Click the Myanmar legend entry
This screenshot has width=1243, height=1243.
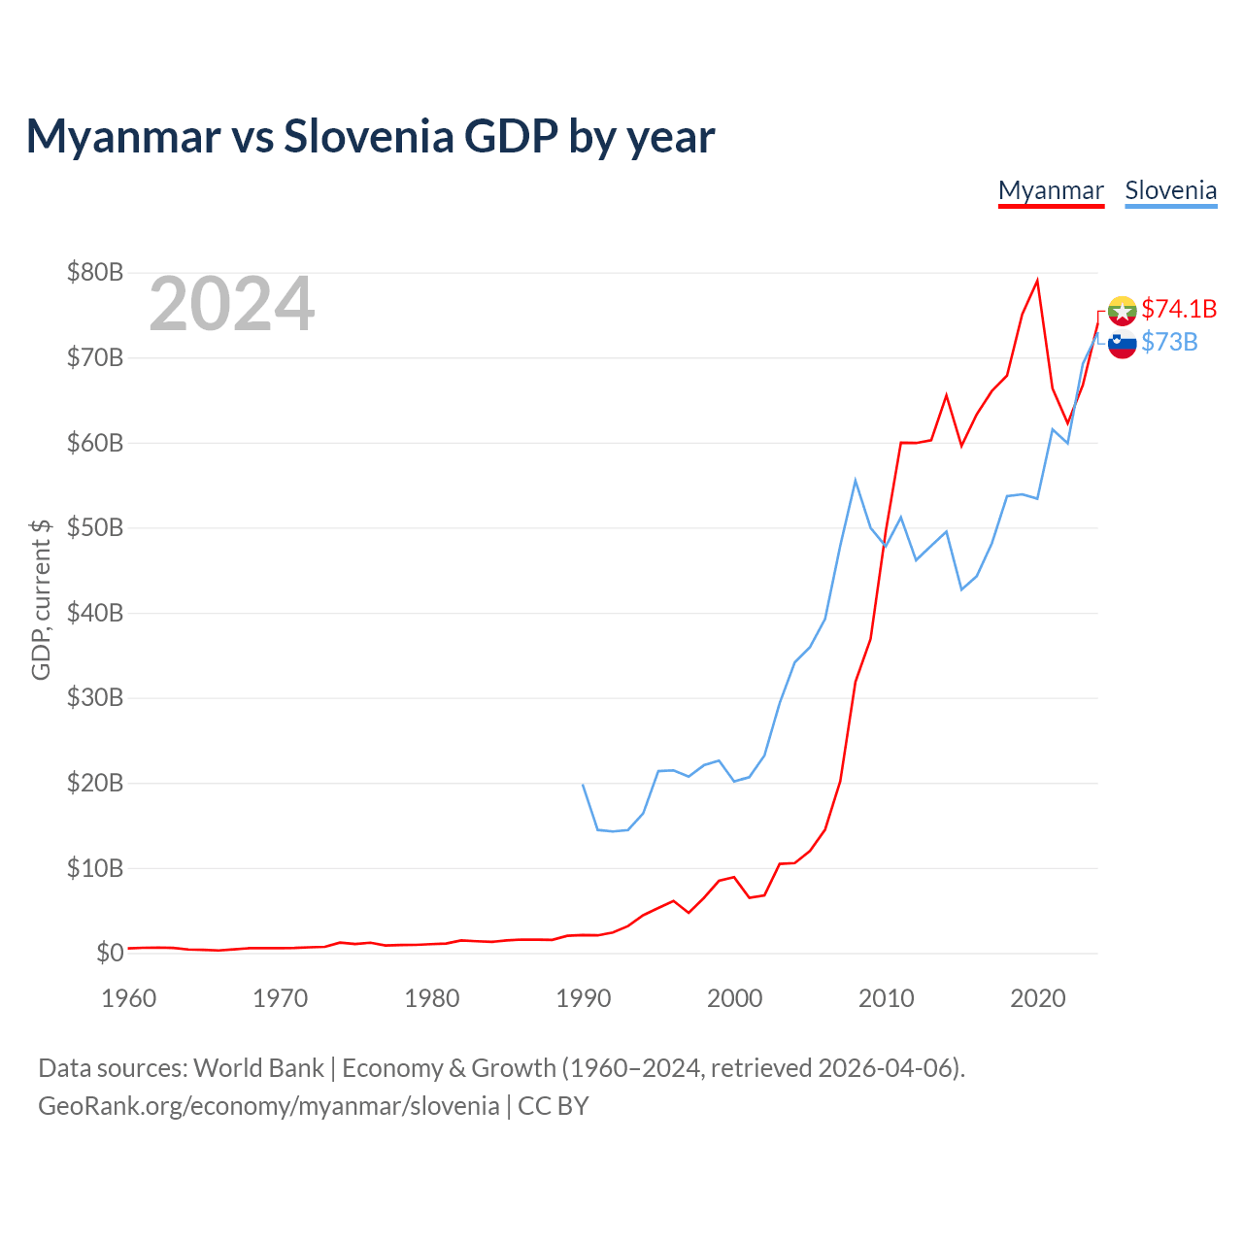pyautogui.click(x=1051, y=191)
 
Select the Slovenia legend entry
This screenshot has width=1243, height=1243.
pyautogui.click(x=1171, y=191)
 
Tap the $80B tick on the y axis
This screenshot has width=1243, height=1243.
pyautogui.click(x=95, y=272)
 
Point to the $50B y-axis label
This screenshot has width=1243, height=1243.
pyautogui.click(x=95, y=527)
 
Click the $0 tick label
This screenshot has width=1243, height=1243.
pyautogui.click(x=110, y=953)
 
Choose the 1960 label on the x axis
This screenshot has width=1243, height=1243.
pyautogui.click(x=129, y=998)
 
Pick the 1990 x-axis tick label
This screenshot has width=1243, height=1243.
pyautogui.click(x=583, y=998)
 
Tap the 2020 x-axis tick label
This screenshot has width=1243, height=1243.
pyautogui.click(x=1037, y=998)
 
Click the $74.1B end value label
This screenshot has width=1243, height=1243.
pyautogui.click(x=1179, y=309)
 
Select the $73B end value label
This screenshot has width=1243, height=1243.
pyautogui.click(x=1169, y=342)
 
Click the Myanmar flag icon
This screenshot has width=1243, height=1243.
pyautogui.click(x=1122, y=311)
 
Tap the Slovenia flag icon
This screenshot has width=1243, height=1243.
pyautogui.click(x=1122, y=344)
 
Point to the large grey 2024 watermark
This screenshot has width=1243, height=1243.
pyautogui.click(x=231, y=303)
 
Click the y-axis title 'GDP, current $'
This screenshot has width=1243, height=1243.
pyautogui.click(x=41, y=600)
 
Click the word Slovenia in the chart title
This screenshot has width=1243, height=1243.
pyautogui.click(x=369, y=136)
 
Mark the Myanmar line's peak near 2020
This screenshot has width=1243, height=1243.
pyautogui.click(x=1037, y=280)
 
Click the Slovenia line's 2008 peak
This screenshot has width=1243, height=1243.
pyautogui.click(x=856, y=481)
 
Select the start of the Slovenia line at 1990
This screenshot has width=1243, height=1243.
pyautogui.click(x=583, y=785)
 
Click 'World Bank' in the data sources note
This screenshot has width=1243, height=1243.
pyautogui.click(x=258, y=1068)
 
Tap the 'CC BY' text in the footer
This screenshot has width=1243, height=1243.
pyautogui.click(x=554, y=1106)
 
